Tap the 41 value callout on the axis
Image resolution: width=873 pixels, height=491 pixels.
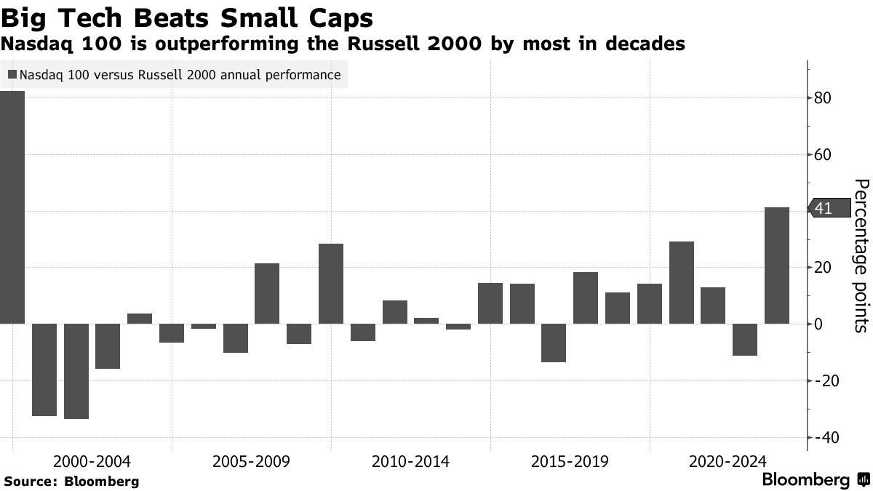pyautogui.click(x=829, y=209)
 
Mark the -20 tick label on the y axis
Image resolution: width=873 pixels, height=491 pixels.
pyautogui.click(x=828, y=381)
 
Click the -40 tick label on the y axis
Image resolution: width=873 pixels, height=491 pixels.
pyautogui.click(x=828, y=438)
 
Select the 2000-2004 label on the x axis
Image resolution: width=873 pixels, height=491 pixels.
pyautogui.click(x=92, y=462)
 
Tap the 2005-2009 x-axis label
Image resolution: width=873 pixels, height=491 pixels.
pyautogui.click(x=251, y=462)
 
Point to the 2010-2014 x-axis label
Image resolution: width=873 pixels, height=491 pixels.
pyautogui.click(x=410, y=462)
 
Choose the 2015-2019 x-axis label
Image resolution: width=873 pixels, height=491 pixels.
pyautogui.click(x=570, y=462)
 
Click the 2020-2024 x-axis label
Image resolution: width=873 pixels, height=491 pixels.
pyautogui.click(x=728, y=462)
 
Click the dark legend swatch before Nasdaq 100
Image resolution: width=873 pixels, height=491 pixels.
pyautogui.click(x=12, y=75)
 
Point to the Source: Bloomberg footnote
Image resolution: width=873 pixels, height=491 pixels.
pyautogui.click(x=71, y=482)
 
